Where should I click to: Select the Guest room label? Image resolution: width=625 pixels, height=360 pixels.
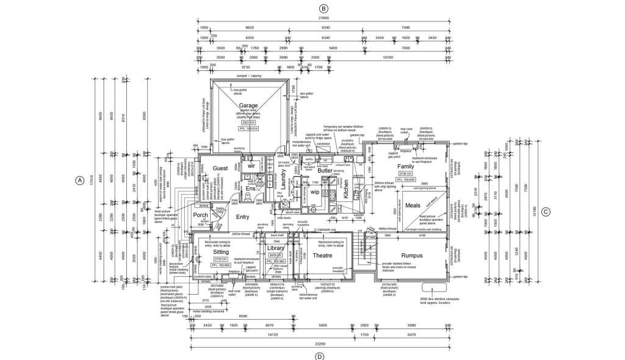(x=220, y=168)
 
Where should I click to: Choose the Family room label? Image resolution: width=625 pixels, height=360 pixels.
(x=406, y=166)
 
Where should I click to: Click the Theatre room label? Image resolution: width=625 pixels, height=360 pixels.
(x=322, y=256)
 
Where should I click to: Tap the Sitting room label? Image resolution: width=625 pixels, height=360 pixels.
(x=220, y=251)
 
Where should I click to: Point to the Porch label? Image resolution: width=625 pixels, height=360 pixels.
(x=200, y=215)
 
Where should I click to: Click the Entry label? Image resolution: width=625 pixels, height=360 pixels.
(x=242, y=217)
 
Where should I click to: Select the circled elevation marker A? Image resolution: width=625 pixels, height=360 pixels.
(x=79, y=181)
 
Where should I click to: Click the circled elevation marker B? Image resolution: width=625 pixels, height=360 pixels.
(x=324, y=8)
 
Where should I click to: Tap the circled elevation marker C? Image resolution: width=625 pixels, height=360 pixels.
(x=546, y=212)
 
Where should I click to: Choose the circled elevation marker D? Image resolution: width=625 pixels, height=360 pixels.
(x=319, y=355)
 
